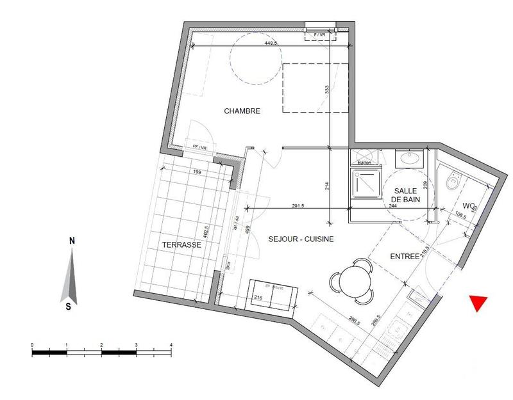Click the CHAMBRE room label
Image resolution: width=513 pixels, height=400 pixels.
click(242, 111)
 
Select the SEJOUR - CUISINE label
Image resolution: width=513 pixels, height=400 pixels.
click(292, 239)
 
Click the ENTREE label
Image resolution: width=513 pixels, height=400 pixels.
click(405, 256)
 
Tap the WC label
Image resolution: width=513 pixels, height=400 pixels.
click(470, 205)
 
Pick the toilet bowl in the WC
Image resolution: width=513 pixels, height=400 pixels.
click(452, 184)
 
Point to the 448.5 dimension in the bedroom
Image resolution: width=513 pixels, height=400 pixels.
click(270, 44)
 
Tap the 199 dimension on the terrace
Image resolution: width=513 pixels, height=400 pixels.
click(196, 173)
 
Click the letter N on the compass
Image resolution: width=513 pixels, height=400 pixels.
click(72, 241)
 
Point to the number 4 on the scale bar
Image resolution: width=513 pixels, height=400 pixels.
click(171, 345)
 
